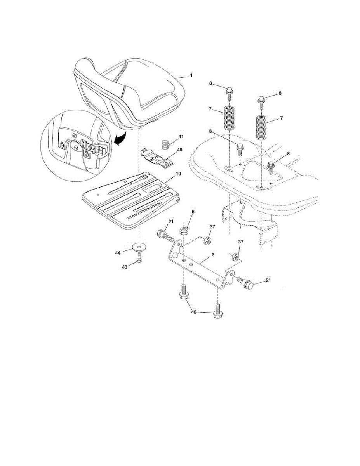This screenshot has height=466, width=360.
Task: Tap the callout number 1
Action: [191, 76]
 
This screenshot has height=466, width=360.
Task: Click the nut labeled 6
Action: [184, 232]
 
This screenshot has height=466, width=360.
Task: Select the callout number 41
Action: [181, 137]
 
